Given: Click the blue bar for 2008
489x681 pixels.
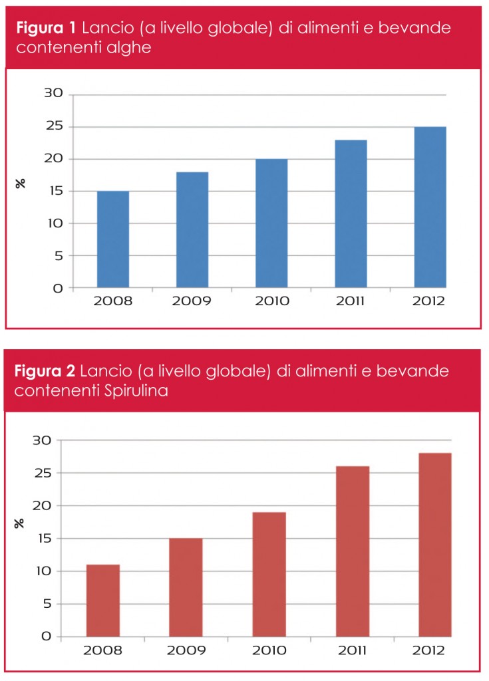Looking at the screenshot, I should click(x=113, y=239).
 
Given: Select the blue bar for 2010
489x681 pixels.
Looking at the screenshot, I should click(x=271, y=223).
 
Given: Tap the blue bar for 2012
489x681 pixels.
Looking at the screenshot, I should click(x=430, y=207).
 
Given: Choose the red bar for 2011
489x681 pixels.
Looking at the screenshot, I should click(x=352, y=551).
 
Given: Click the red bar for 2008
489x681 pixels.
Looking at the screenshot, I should click(x=103, y=601).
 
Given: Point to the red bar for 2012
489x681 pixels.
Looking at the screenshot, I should click(x=435, y=545).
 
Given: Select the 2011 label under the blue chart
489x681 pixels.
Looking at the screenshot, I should click(x=351, y=301).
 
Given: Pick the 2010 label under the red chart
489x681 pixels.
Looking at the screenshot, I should click(x=269, y=650).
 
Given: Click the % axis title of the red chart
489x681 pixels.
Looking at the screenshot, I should click(x=19, y=523).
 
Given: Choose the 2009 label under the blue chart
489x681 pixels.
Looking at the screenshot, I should click(x=192, y=301).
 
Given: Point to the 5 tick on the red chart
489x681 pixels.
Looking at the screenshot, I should click(x=47, y=604).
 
